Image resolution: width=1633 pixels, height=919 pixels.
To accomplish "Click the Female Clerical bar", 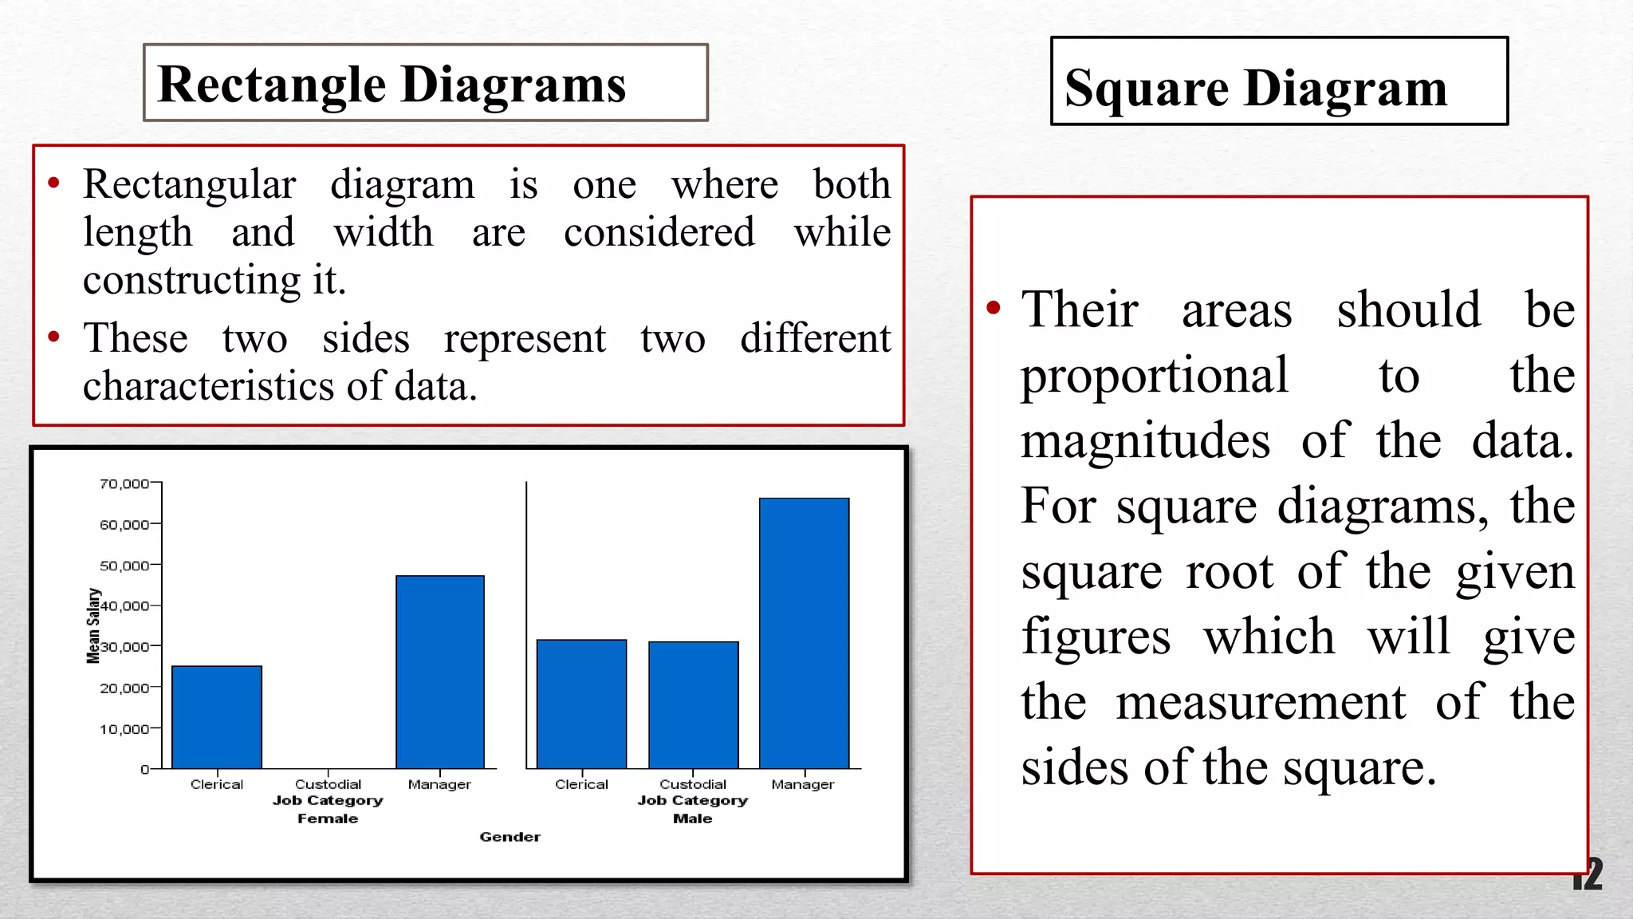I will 217,716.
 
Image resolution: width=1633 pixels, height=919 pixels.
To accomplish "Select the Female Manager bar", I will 440,672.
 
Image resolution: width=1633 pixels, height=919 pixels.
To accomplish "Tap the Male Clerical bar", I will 581,704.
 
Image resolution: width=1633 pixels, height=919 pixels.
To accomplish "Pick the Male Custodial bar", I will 693,704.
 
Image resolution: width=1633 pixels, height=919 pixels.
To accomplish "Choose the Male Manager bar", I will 804,633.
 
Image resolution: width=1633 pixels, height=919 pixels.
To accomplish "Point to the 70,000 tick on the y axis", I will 124,483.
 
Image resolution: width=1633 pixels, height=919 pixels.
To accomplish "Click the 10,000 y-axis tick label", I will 124,729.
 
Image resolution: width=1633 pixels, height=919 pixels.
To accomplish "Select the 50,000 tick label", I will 124,566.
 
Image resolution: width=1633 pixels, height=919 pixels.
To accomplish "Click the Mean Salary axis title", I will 93,625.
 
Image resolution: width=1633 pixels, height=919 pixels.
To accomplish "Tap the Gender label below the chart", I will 510,837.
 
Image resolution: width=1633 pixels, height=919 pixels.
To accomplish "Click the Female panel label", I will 328,818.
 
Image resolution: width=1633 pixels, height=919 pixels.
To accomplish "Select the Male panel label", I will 692,818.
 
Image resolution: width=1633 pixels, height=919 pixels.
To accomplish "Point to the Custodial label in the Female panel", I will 328,784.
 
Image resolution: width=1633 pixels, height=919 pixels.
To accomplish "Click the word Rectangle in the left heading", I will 272,85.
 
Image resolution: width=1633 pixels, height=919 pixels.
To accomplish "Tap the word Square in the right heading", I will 1147,88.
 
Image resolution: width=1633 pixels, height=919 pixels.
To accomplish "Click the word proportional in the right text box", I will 1154,376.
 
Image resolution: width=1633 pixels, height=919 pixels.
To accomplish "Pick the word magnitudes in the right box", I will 1145,441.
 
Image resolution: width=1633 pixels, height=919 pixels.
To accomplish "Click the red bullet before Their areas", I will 994,308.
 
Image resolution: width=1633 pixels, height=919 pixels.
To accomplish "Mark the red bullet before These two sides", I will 53,337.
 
